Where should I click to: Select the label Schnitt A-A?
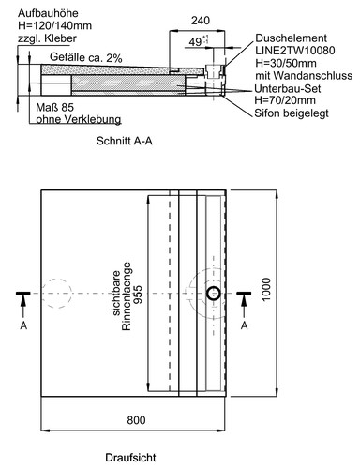[124, 146]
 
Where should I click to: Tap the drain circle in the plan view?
[215, 295]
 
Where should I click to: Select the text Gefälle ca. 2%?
[86, 58]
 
